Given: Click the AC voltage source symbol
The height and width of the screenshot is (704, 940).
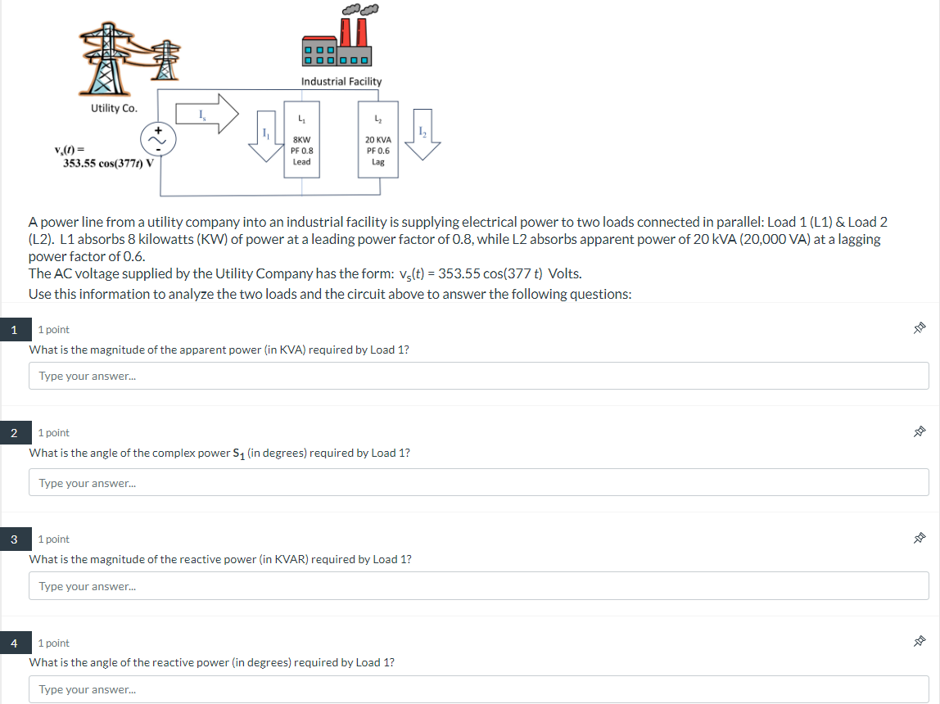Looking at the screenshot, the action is tap(158, 140).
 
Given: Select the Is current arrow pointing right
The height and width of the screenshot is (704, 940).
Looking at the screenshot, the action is tap(207, 113).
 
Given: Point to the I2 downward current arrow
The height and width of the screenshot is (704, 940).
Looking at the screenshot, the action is tap(423, 134).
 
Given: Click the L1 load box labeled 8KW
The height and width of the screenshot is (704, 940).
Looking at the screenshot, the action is tap(301, 140).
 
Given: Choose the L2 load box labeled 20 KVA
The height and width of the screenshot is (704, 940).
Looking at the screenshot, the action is tap(378, 140).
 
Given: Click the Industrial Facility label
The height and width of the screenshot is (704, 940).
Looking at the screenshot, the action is tap(341, 82).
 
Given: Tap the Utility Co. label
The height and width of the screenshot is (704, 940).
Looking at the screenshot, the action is tap(114, 108).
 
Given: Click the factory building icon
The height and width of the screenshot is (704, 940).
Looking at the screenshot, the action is tap(337, 42).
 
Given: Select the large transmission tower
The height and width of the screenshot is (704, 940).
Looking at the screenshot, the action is tap(106, 59).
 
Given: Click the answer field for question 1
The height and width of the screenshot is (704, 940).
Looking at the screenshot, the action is tap(478, 376).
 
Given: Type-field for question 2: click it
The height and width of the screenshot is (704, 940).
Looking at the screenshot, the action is tap(478, 482).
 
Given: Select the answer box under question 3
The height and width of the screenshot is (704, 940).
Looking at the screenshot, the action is tap(478, 586).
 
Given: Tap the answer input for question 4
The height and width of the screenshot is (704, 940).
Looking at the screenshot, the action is tap(478, 689).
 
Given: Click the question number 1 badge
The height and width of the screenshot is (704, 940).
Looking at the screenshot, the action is tap(15, 330).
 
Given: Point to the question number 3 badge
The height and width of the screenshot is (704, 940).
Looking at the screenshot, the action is tap(15, 539).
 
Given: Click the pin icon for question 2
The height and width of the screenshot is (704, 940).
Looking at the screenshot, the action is tap(919, 431).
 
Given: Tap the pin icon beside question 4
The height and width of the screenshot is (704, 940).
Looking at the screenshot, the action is tap(919, 642).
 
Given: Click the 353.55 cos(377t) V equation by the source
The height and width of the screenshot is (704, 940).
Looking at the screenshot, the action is tap(109, 163).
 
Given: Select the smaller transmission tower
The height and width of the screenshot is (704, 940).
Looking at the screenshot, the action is tap(165, 61).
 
